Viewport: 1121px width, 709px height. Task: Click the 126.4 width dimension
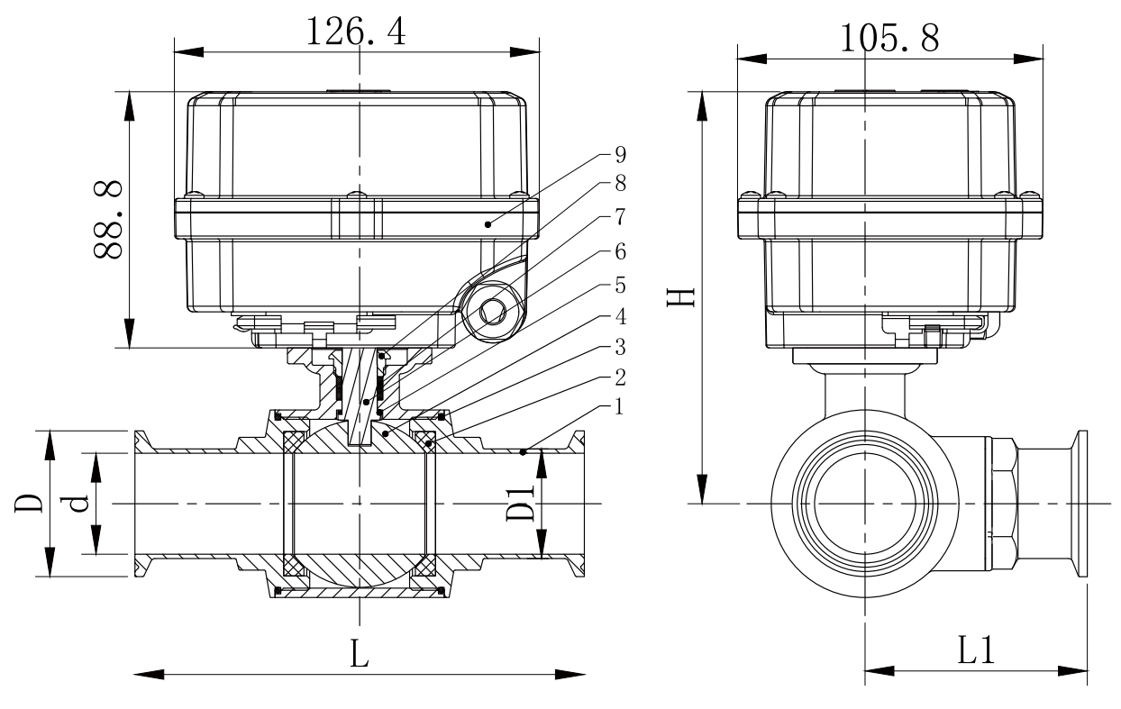pyautogui.click(x=356, y=32)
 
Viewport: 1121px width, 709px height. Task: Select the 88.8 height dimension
pyautogui.click(x=109, y=220)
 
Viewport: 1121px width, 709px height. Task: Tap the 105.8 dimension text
pyautogui.click(x=889, y=38)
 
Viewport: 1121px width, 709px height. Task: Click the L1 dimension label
pyautogui.click(x=975, y=650)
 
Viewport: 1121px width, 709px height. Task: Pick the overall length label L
pyautogui.click(x=360, y=655)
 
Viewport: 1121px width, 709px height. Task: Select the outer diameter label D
pyautogui.click(x=26, y=503)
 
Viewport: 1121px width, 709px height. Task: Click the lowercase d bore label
pyautogui.click(x=78, y=503)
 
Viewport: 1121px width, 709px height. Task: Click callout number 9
pyautogui.click(x=619, y=153)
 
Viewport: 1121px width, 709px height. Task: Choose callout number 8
pyautogui.click(x=619, y=186)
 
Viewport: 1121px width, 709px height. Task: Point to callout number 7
pyautogui.click(x=619, y=218)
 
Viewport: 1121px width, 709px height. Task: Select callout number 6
pyautogui.click(x=619, y=250)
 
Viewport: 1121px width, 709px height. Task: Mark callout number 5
pyautogui.click(x=619, y=283)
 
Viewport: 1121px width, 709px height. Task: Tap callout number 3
pyautogui.click(x=619, y=348)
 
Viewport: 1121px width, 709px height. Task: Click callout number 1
pyautogui.click(x=619, y=408)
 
